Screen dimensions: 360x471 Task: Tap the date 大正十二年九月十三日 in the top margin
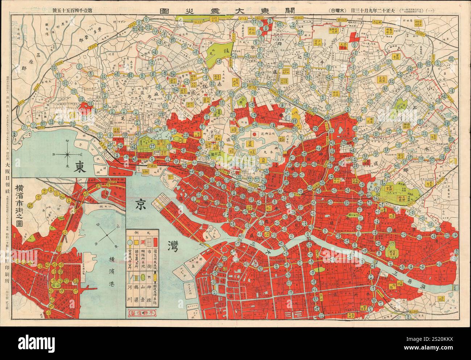pos(364,11)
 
